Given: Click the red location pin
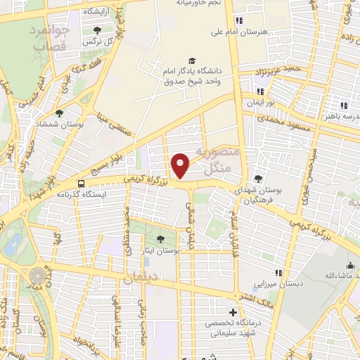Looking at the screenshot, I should (x=181, y=165).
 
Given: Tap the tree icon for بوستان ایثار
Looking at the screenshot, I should (x=161, y=240).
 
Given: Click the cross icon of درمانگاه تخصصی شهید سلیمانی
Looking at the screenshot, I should (x=233, y=312).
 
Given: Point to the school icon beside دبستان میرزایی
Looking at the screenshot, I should (x=278, y=272).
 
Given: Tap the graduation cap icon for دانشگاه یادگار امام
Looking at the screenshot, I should (x=192, y=60).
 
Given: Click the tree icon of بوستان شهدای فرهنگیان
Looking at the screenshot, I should (x=258, y=179).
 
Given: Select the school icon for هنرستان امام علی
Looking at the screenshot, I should (x=240, y=20).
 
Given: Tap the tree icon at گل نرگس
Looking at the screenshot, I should (x=96, y=30).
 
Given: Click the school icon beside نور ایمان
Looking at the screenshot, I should (x=260, y=91).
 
